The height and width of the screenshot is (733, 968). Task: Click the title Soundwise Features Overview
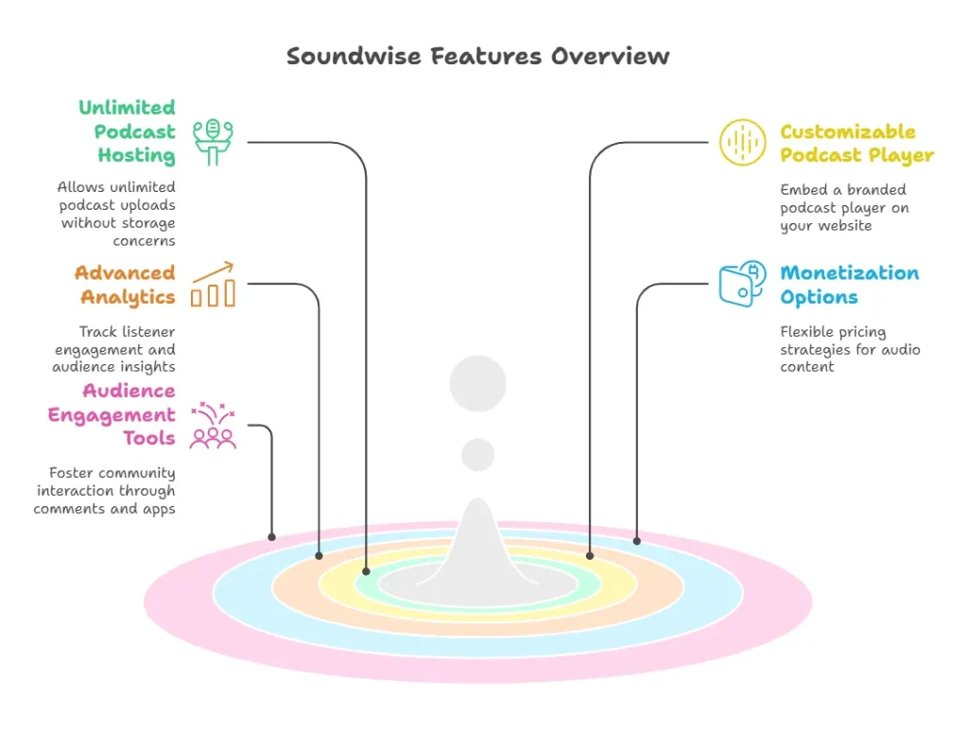(x=478, y=56)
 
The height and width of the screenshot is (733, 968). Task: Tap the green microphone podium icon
(x=214, y=143)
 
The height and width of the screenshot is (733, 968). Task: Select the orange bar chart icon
(x=213, y=285)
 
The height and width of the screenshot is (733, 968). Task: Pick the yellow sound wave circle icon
(x=742, y=143)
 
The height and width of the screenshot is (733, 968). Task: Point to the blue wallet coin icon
(x=742, y=283)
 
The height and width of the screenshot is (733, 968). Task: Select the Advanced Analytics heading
(x=126, y=285)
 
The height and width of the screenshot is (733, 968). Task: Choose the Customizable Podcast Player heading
(x=856, y=143)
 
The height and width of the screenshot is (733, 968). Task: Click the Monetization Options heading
(x=848, y=285)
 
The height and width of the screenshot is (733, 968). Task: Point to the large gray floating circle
(x=477, y=384)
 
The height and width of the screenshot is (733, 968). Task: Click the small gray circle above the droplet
(x=477, y=454)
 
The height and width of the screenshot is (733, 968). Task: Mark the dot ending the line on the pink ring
(x=272, y=537)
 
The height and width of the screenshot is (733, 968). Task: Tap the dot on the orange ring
(x=319, y=555)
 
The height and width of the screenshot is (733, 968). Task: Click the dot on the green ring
(x=367, y=571)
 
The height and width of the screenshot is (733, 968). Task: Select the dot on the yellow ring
(x=589, y=555)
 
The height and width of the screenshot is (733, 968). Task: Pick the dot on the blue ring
(x=636, y=541)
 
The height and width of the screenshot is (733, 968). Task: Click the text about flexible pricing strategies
(x=849, y=349)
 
